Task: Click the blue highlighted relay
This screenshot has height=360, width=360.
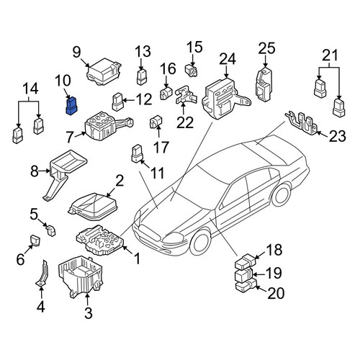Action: (x=71, y=107)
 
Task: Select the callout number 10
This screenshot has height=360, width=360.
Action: (x=63, y=81)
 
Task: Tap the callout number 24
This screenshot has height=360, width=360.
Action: (x=228, y=59)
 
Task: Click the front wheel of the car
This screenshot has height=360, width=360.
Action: (x=200, y=243)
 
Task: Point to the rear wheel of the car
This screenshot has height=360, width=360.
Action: (x=281, y=196)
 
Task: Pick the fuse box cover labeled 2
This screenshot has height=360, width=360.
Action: (x=93, y=207)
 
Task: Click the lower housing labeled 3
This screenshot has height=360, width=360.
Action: (x=81, y=276)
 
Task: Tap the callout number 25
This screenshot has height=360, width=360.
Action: (x=266, y=48)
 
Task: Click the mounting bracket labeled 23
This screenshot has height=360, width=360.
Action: (x=303, y=123)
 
